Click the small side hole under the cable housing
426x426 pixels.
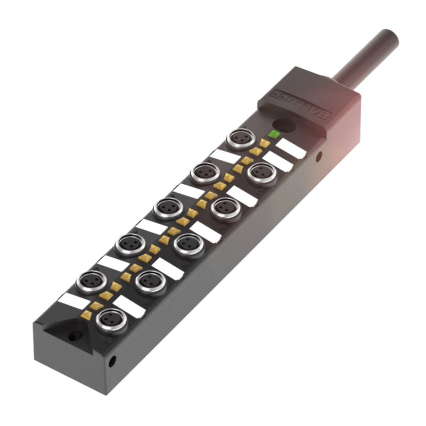318,157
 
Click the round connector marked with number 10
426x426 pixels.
112,320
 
